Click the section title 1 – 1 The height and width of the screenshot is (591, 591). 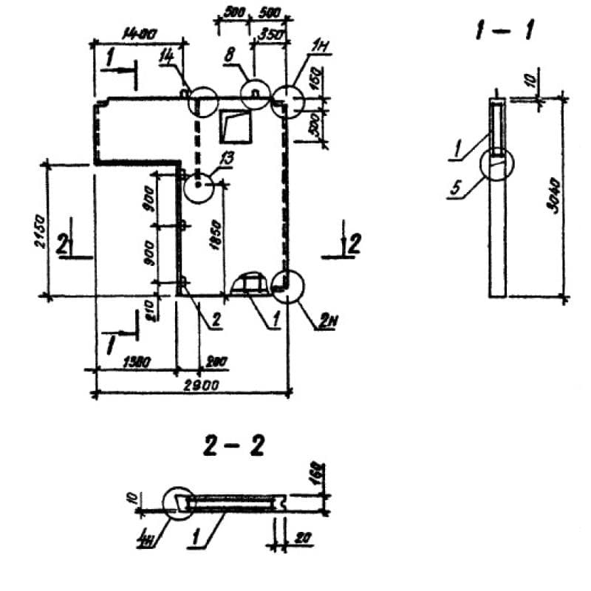[x=506, y=30]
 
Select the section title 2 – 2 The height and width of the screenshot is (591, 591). [x=230, y=447]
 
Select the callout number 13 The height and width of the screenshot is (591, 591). [x=224, y=157]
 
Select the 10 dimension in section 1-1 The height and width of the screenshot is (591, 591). [x=535, y=76]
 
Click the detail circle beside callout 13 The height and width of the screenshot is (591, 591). [x=199, y=188]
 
